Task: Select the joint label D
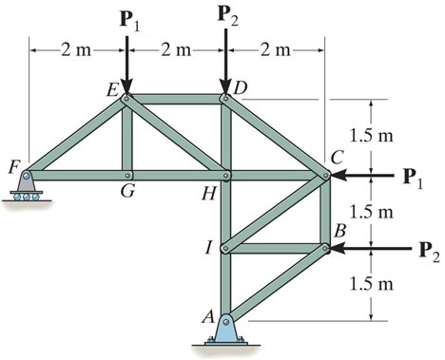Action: pyautogui.click(x=241, y=87)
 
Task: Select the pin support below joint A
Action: pyautogui.click(x=226, y=330)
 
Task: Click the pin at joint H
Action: pyautogui.click(x=226, y=176)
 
